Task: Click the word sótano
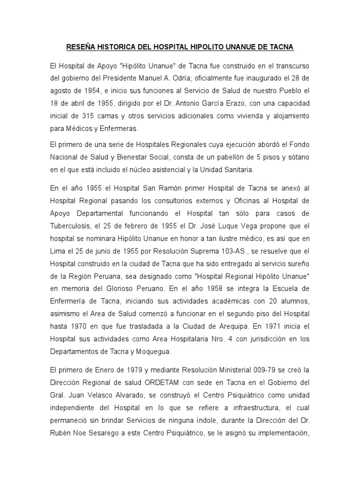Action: coord(297,157)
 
